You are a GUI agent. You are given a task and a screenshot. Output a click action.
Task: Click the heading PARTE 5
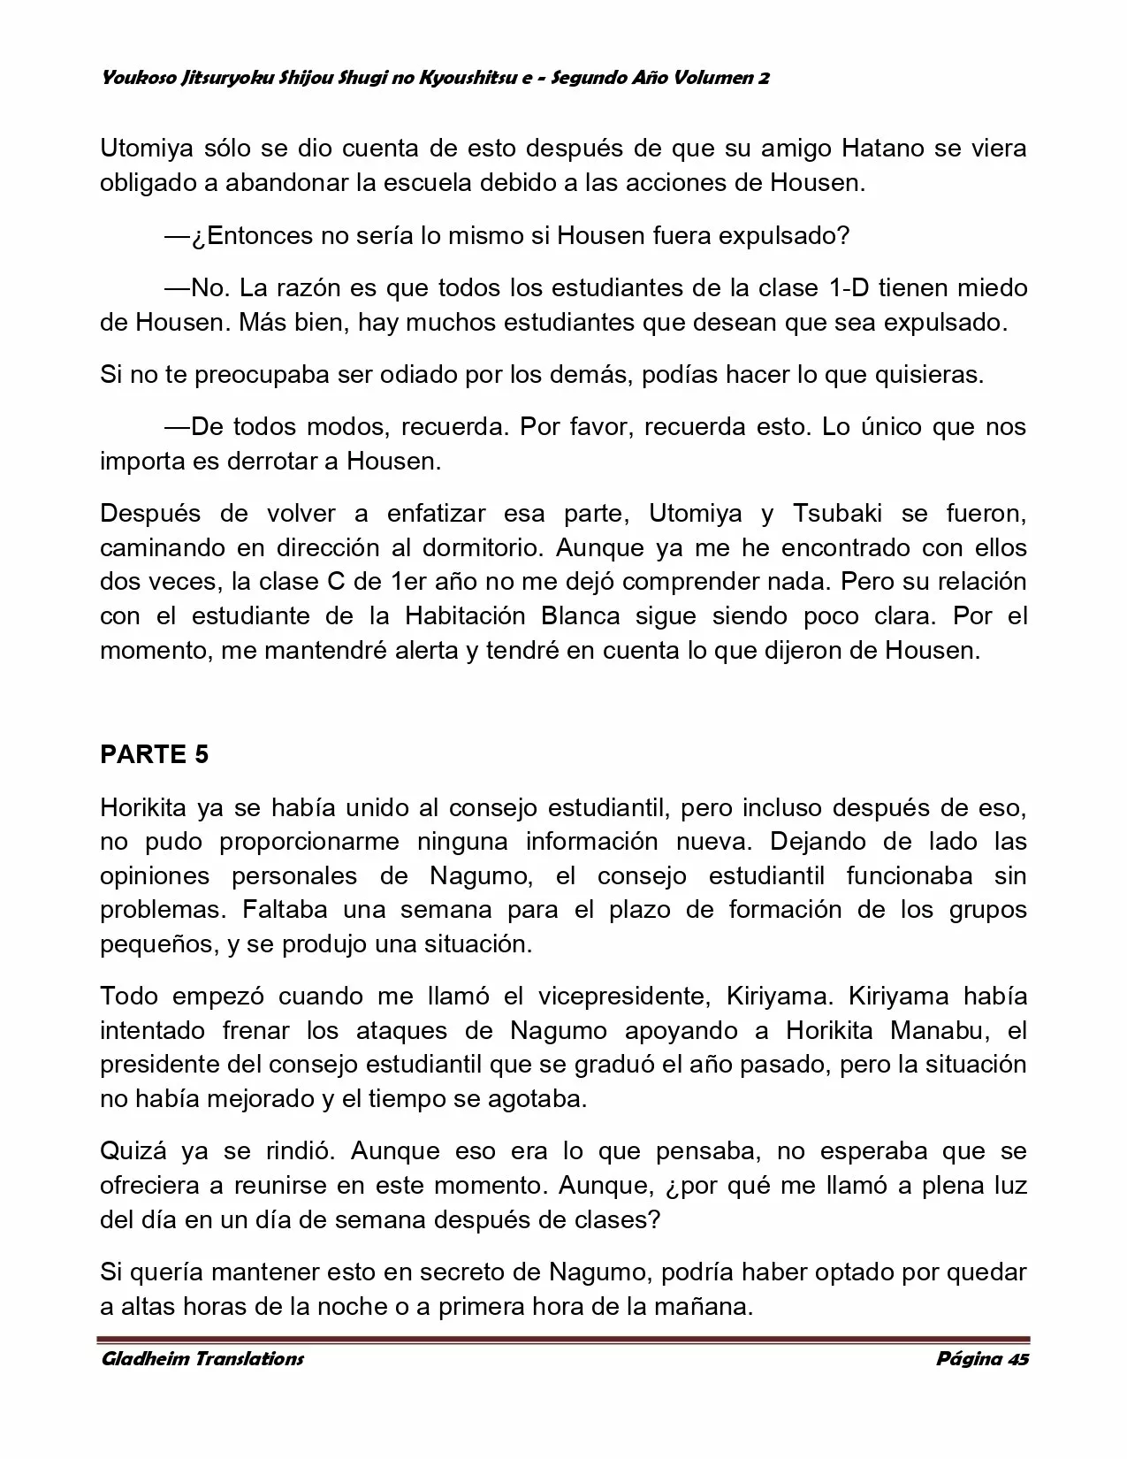[x=155, y=754]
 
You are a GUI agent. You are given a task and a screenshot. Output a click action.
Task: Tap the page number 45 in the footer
[x=1017, y=1359]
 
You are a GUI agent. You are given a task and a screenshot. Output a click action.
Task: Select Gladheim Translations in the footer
[x=202, y=1359]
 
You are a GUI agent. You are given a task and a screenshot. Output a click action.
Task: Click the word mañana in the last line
[x=707, y=1307]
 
